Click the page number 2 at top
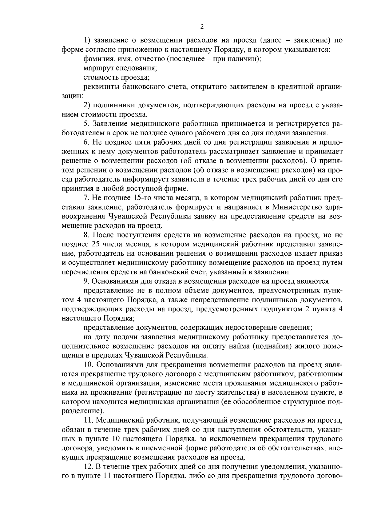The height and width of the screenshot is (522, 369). pyautogui.click(x=202, y=26)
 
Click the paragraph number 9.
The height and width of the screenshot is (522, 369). pyautogui.click(x=86, y=281)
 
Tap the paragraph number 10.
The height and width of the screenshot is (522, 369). pyautogui.click(x=88, y=365)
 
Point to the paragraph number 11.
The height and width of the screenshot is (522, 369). pyautogui.click(x=88, y=420)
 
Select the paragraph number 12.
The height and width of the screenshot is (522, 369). pyautogui.click(x=88, y=467)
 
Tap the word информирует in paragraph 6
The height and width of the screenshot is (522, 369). pyautogui.click(x=144, y=179)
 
